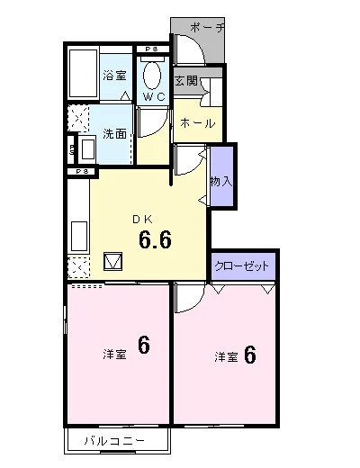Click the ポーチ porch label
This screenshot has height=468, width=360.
[207, 28]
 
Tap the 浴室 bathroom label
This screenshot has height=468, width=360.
[114, 75]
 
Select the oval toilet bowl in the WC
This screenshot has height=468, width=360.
[152, 76]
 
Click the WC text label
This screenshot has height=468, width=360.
[154, 97]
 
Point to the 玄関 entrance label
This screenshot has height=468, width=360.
[186, 81]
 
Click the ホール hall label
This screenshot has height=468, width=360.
[198, 123]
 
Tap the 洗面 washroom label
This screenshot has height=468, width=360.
[114, 134]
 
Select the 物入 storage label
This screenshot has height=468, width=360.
[221, 182]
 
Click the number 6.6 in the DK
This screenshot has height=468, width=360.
[155, 240]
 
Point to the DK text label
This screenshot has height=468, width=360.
[143, 220]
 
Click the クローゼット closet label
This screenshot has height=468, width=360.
[241, 266]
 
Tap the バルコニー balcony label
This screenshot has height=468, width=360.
[114, 441]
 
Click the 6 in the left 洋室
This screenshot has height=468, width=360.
[144, 346]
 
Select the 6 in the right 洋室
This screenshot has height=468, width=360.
[250, 355]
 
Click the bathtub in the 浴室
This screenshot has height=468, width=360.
[84, 74]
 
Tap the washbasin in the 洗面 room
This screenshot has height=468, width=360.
[87, 149]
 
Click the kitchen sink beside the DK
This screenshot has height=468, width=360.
[79, 237]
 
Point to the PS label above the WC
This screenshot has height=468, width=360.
[151, 49]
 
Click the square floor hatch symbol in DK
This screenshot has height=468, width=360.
[112, 261]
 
